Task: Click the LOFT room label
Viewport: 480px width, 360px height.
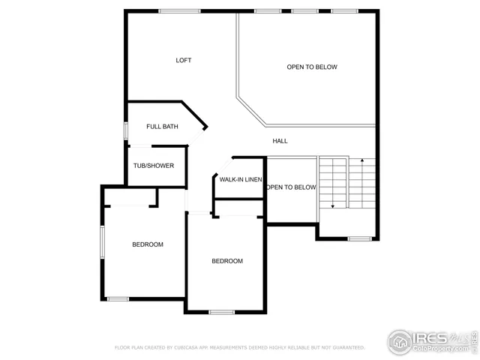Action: coord(184,61)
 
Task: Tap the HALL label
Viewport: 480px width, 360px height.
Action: coord(280,141)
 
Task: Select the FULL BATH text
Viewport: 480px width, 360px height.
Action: coord(162,127)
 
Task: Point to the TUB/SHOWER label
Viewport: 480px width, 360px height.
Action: coord(154,166)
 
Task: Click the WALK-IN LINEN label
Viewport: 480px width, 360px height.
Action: coord(240,179)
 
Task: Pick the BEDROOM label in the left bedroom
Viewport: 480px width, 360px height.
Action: coord(148,244)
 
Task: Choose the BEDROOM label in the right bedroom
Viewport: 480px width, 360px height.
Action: coord(227,261)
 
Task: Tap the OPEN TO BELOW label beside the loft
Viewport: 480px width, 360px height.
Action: coord(312,67)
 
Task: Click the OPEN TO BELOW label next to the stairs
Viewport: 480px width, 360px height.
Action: coord(292,187)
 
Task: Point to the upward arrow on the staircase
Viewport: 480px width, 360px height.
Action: coord(363,160)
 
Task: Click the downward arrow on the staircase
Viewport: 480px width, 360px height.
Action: coord(331,205)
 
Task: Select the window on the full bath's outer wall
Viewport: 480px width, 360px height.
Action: coord(125,129)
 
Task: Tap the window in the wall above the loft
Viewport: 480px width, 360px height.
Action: coord(179,10)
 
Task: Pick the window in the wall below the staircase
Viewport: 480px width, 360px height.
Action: coord(360,239)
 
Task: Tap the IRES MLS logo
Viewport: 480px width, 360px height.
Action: coord(430,340)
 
